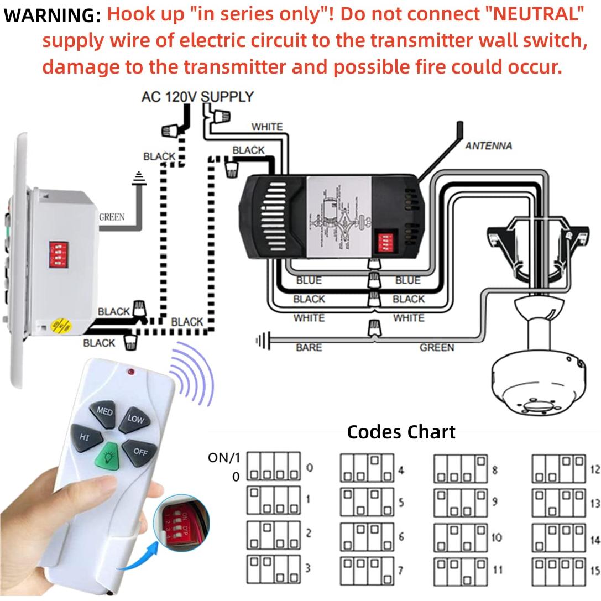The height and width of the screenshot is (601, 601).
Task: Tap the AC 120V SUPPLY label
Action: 197,97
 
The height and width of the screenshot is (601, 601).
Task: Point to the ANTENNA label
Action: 488,146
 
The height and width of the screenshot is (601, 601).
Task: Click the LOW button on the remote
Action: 134,420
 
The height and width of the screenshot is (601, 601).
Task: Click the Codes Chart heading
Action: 401,432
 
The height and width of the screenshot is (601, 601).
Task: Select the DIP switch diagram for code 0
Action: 273,467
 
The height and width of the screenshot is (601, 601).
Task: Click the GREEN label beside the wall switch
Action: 111,217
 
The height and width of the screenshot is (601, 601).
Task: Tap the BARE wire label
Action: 309,348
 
